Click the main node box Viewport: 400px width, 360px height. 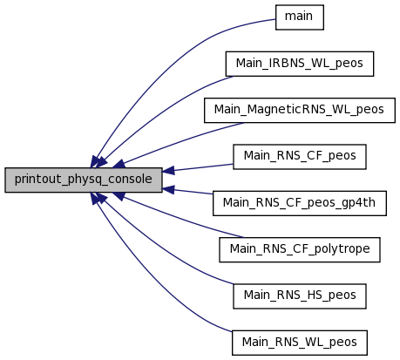point(300,17)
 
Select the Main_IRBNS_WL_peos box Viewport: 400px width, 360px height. point(300,64)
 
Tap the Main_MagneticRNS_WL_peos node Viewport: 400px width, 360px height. point(300,111)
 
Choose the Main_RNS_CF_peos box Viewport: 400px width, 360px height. point(300,157)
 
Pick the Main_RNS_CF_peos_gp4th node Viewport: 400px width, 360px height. point(300,203)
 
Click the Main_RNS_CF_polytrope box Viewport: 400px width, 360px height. point(300,249)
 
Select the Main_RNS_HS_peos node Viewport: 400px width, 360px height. point(300,296)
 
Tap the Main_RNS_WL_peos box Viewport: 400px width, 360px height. point(300,343)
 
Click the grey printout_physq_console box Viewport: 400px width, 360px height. point(84,180)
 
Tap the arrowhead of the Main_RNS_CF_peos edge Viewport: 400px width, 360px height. point(168,171)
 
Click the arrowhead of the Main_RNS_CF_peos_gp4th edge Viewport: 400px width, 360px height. point(168,189)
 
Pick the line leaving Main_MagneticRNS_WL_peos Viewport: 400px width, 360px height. point(180,141)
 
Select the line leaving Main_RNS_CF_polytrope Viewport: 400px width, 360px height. point(180,219)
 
